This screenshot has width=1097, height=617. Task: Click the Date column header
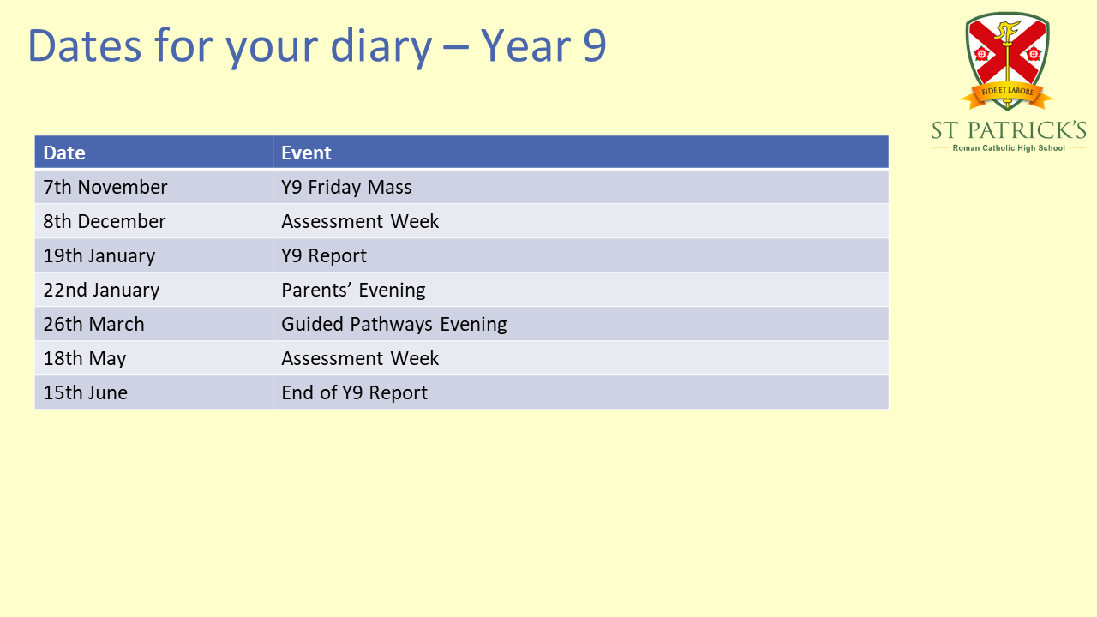(64, 153)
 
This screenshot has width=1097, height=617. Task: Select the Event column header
(306, 153)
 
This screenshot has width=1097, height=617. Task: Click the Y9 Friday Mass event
(346, 187)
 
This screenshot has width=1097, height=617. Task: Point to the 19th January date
(99, 256)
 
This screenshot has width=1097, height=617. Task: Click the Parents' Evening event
(353, 291)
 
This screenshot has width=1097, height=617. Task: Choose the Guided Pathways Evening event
(393, 325)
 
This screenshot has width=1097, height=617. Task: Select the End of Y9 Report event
(354, 393)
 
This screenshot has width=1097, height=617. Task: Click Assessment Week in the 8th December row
(360, 221)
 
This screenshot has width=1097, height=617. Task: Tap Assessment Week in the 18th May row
(360, 358)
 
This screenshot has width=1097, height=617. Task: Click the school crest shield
(1007, 57)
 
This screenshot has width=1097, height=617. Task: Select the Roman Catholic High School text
(1009, 148)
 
